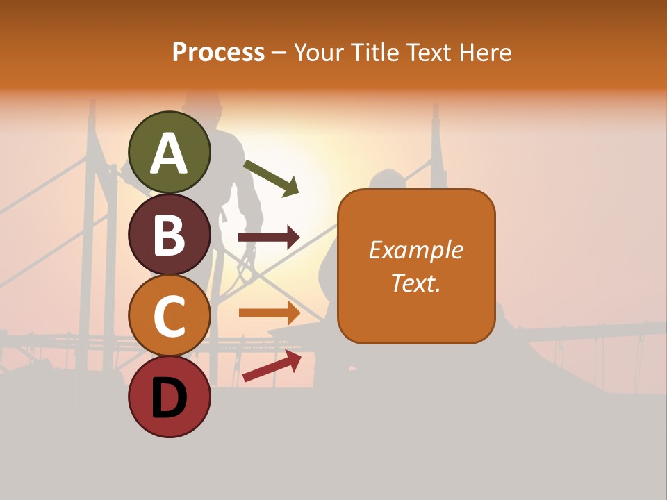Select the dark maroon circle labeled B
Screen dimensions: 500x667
pyautogui.click(x=169, y=234)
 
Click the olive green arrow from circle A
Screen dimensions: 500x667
pyautogui.click(x=271, y=177)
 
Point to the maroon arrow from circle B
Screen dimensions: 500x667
pyautogui.click(x=269, y=237)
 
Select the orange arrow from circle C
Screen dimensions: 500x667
pyautogui.click(x=269, y=313)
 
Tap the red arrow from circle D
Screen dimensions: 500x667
pyautogui.click(x=272, y=366)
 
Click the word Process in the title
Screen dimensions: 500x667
pyautogui.click(x=218, y=53)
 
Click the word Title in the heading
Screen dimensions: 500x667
pyautogui.click(x=376, y=53)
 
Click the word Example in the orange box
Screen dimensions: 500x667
pyautogui.click(x=415, y=250)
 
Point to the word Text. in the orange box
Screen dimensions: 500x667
pyautogui.click(x=415, y=283)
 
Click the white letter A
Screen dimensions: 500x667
pyautogui.click(x=169, y=153)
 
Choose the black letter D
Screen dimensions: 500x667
pyautogui.click(x=169, y=399)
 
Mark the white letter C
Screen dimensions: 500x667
pyautogui.click(x=169, y=316)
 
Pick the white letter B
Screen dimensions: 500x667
pyautogui.click(x=169, y=235)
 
